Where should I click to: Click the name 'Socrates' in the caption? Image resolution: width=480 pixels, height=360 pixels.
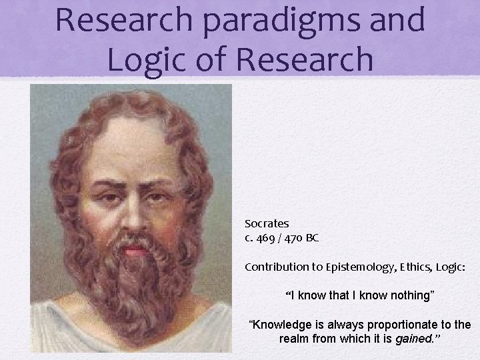267,223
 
